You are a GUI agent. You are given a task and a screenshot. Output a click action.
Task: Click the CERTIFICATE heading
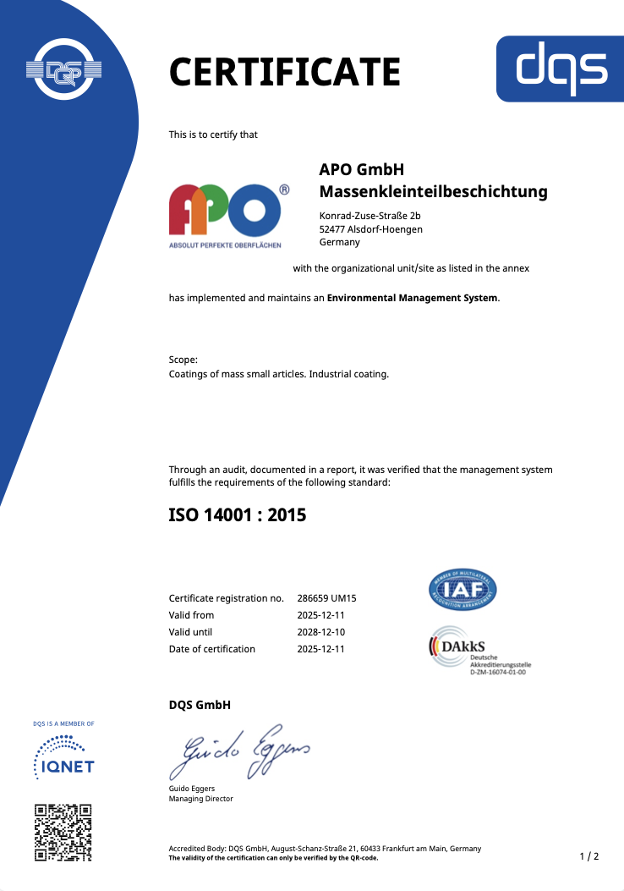[284, 72]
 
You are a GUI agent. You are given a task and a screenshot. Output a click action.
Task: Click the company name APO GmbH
[362, 170]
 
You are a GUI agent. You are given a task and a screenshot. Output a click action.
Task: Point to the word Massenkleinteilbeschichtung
[433, 192]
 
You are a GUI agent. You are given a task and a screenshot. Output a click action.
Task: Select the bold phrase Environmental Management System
[412, 298]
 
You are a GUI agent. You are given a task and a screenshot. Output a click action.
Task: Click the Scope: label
[183, 360]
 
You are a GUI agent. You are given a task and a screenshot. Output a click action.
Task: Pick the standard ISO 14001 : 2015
[238, 514]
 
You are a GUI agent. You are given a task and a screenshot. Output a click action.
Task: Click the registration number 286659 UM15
[332, 598]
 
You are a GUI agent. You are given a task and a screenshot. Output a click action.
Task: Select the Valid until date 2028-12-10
[321, 632]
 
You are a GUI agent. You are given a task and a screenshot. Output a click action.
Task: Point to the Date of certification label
[211, 649]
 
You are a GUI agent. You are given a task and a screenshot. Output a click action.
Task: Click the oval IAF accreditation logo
[463, 590]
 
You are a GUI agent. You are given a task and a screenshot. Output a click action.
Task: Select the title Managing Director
[201, 799]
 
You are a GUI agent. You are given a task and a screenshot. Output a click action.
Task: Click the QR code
[63, 833]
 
